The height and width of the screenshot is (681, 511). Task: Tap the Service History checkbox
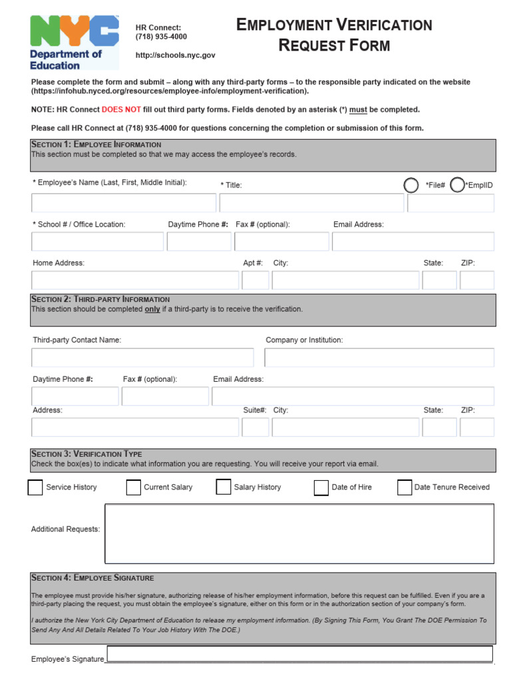point(35,487)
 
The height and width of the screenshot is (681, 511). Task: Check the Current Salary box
point(133,487)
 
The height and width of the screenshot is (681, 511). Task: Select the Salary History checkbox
point(224,487)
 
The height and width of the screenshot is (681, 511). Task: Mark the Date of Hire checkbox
point(321,488)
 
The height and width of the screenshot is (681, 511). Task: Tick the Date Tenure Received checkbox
point(405,487)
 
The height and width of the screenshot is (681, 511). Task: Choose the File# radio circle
point(412,185)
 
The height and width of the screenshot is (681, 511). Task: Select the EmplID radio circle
point(457,185)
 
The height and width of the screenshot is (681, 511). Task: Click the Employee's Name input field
point(124,203)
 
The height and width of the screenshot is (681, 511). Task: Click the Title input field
point(311,203)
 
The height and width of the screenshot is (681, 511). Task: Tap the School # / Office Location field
point(97,241)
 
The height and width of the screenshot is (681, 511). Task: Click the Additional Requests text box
point(299,533)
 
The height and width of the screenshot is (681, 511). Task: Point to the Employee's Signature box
point(299,654)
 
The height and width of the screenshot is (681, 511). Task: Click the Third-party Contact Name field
point(142,358)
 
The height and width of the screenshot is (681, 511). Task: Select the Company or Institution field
point(379,358)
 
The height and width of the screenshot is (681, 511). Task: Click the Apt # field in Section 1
point(255,280)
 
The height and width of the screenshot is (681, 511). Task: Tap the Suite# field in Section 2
point(255,427)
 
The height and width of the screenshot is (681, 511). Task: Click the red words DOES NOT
point(121,110)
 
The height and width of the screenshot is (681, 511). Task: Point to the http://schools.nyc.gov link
point(176,56)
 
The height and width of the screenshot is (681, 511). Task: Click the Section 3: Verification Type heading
point(86,454)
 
